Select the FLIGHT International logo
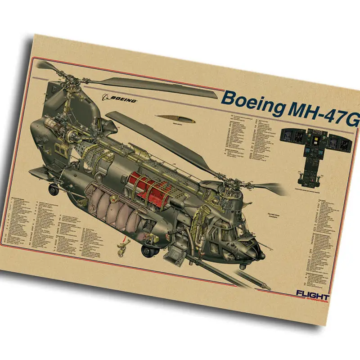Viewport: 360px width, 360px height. (x=312, y=297)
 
